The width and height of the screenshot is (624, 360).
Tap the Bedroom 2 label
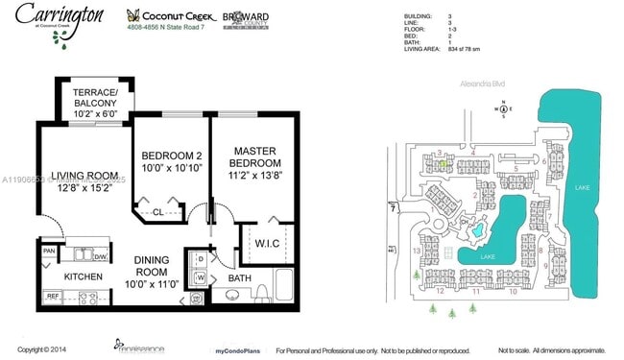click(x=171, y=163)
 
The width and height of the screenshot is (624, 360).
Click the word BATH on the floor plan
click(x=238, y=278)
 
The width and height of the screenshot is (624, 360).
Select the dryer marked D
click(x=200, y=259)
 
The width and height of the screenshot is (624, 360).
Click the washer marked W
click(x=200, y=278)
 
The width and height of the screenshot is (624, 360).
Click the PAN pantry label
click(x=49, y=252)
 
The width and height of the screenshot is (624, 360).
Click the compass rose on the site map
click(x=502, y=108)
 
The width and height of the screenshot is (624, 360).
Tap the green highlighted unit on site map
click(x=442, y=164)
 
